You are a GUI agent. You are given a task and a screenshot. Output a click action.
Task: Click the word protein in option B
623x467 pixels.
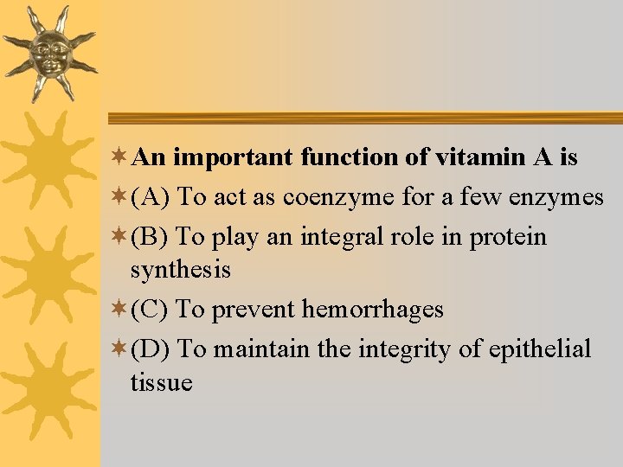click(x=508, y=237)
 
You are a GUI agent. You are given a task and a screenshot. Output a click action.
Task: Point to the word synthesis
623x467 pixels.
click(x=180, y=270)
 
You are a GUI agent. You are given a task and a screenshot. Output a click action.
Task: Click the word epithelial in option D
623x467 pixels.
click(x=540, y=349)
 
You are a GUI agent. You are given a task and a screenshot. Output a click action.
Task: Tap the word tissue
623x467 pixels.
click(x=161, y=381)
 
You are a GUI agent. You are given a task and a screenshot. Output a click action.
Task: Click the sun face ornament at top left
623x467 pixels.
click(x=49, y=53)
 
